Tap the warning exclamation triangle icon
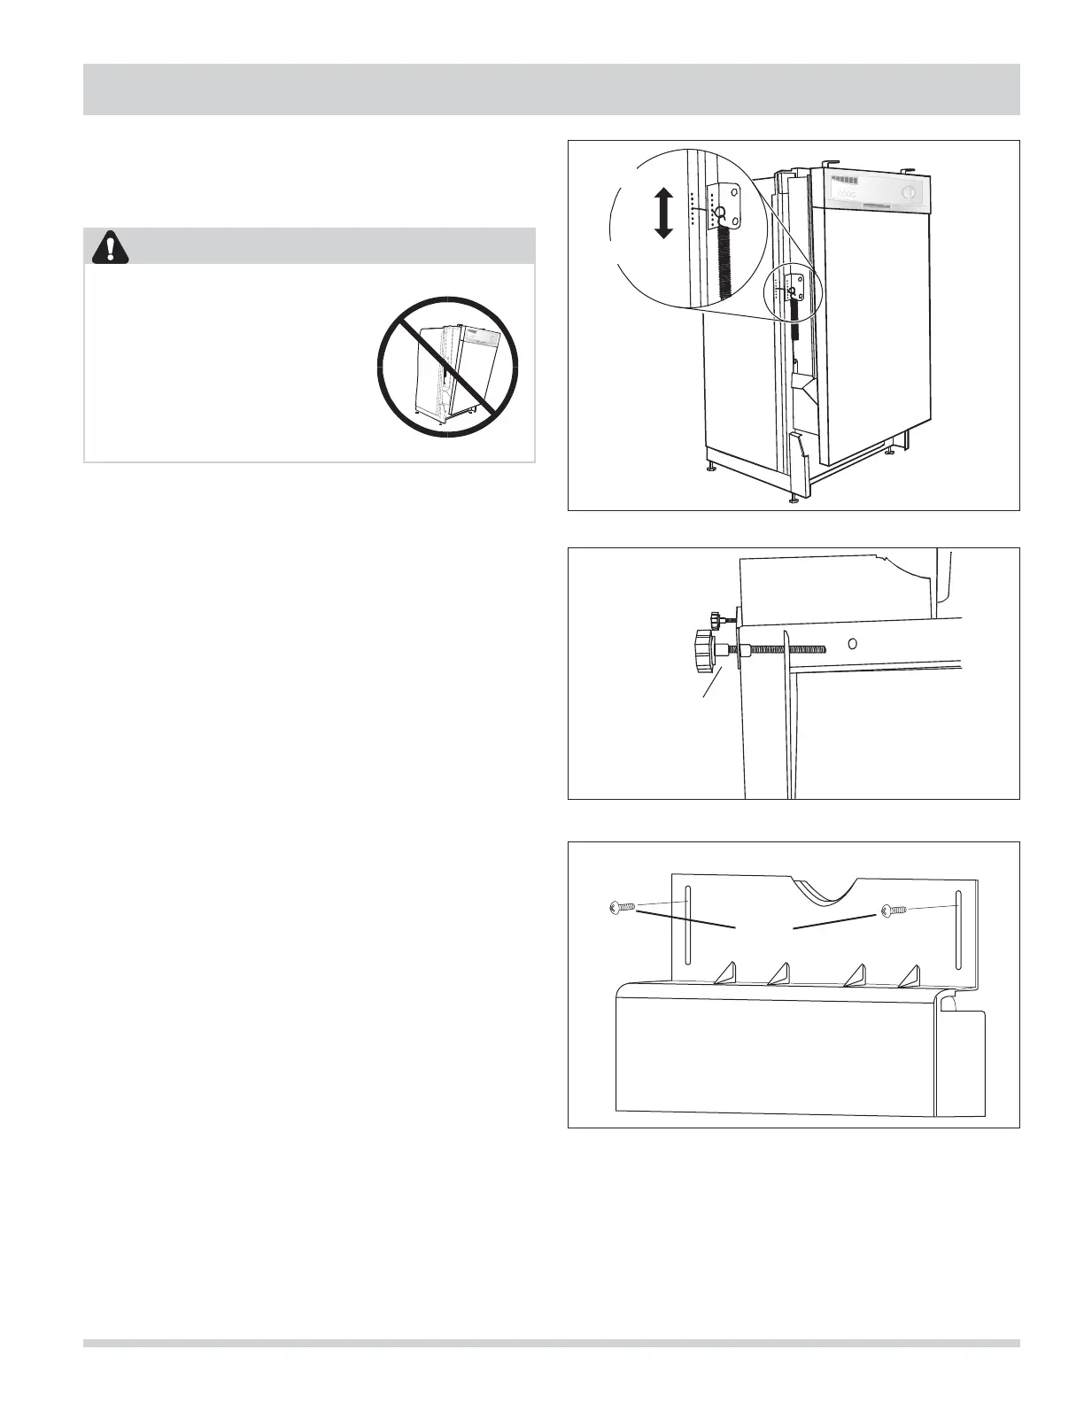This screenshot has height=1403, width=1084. [x=109, y=247]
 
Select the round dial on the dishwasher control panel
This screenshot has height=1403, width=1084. [x=906, y=193]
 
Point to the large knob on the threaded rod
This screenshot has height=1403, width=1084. [x=705, y=651]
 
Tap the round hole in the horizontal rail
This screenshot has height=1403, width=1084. [x=851, y=642]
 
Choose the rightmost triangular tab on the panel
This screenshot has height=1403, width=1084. [x=910, y=974]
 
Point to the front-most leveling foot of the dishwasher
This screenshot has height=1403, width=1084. [x=794, y=500]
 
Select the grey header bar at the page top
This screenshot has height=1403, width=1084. [x=551, y=89]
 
